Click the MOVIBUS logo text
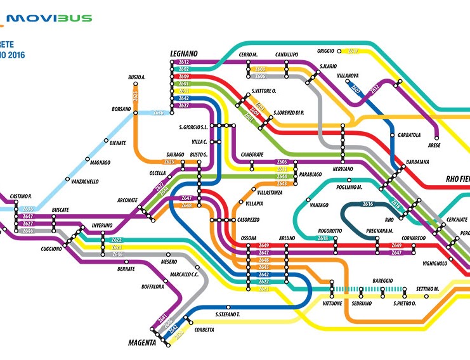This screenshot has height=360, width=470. pyautogui.click(x=51, y=18)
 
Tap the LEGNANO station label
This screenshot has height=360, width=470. pyautogui.click(x=185, y=54)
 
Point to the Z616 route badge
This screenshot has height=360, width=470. pyautogui.click(x=368, y=204)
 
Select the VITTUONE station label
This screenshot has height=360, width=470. pyautogui.click(x=332, y=304)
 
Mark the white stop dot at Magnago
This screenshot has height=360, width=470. pyautogui.click(x=87, y=158)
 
